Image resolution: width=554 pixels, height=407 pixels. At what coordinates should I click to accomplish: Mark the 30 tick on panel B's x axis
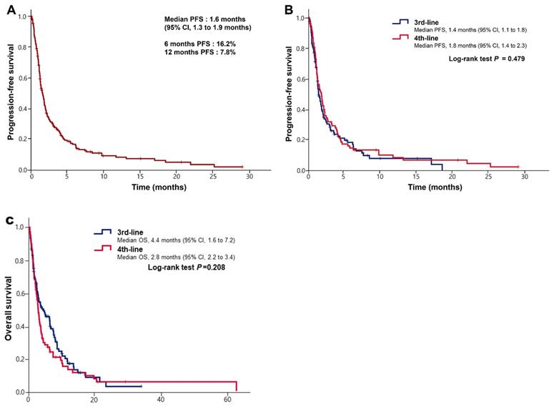click(x=524, y=176)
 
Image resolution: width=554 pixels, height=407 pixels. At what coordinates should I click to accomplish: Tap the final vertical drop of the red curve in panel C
click(x=237, y=386)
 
